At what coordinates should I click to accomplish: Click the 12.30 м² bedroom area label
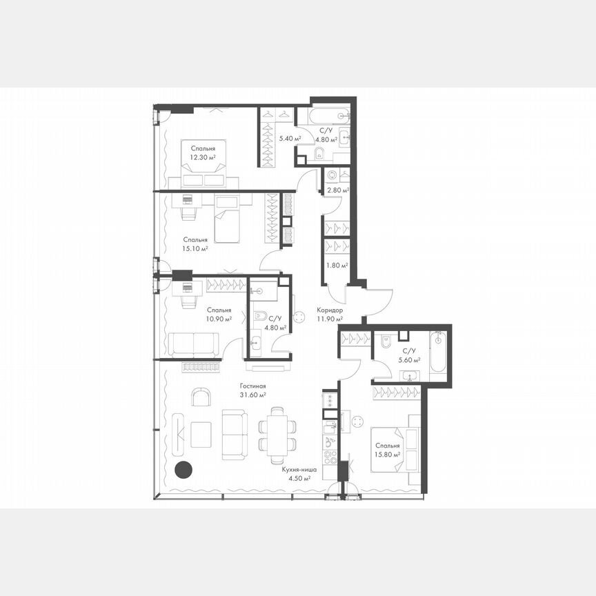pyautogui.click(x=203, y=157)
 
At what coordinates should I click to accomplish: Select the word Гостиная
pyautogui.click(x=253, y=386)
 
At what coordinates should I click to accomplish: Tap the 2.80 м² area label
pyautogui.click(x=337, y=190)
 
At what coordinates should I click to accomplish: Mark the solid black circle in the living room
pyautogui.click(x=183, y=470)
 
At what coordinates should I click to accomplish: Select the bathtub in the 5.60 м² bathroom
pyautogui.click(x=438, y=355)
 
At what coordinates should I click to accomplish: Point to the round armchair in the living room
pyautogui.click(x=201, y=398)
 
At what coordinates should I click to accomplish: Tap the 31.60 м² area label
pyautogui.click(x=253, y=395)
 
